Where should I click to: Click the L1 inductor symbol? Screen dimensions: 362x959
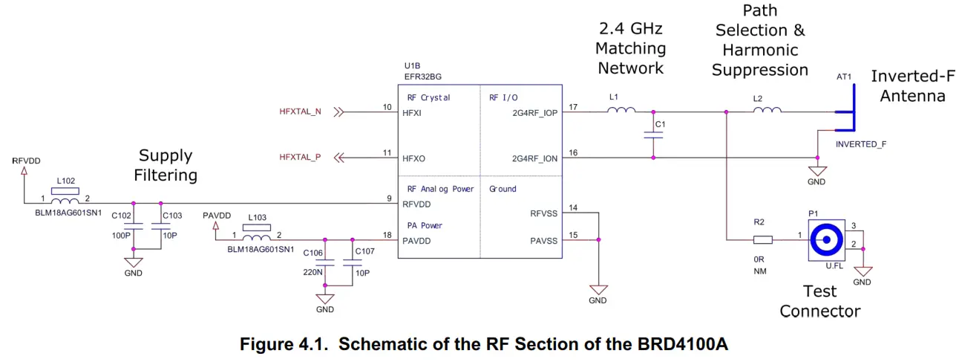621,111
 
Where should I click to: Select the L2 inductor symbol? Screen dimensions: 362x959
767,111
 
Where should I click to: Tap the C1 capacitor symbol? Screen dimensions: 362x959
653,135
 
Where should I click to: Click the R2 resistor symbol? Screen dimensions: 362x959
762,240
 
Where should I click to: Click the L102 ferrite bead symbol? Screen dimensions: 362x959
67,200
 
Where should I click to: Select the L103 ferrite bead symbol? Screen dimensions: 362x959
256,237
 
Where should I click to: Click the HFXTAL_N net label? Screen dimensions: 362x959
300,112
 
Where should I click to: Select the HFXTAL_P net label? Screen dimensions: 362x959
300,158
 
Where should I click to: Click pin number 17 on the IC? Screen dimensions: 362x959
573,107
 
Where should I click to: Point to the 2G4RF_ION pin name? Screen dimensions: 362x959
534,158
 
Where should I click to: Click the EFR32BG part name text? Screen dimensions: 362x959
423,77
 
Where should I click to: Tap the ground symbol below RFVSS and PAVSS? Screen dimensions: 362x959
598,288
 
